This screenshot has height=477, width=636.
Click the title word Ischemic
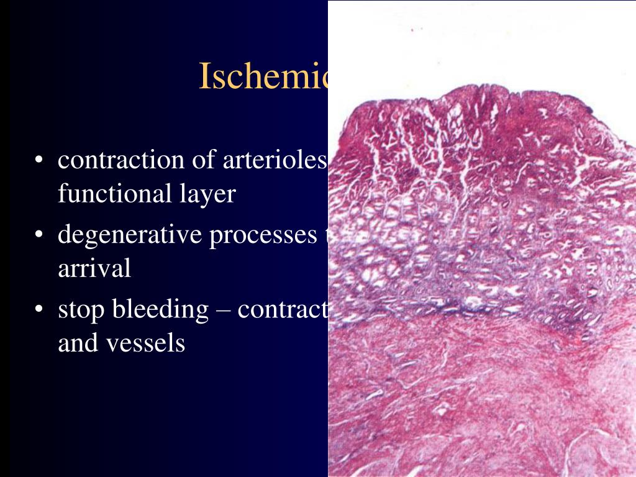(263, 76)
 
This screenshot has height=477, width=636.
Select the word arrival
(94, 269)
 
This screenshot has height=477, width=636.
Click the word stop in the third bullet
(81, 309)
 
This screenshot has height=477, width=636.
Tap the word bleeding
(160, 309)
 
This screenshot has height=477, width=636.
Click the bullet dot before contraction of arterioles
(39, 161)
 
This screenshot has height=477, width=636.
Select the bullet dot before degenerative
(39, 236)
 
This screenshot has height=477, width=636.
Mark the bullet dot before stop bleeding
(39, 310)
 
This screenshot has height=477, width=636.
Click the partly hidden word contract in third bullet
(283, 309)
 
